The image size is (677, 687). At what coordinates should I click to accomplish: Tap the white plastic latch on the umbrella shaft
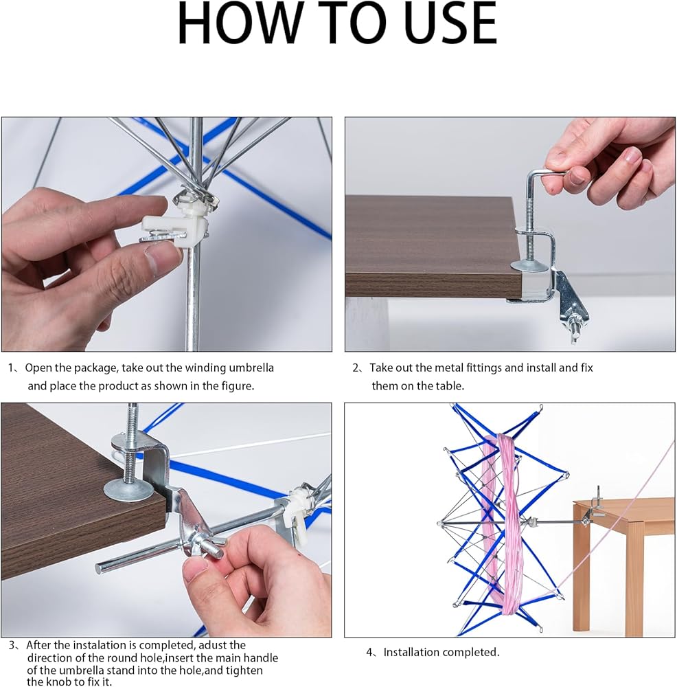[175, 225]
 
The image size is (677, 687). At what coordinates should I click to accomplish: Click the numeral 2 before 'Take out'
[356, 368]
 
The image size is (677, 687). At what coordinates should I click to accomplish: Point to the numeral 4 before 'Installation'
[370, 653]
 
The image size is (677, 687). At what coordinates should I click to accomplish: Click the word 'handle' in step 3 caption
[260, 657]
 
